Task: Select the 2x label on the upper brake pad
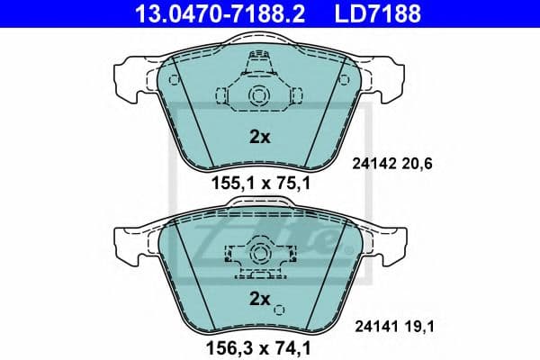coord(259,139)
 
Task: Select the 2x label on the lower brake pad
coord(259,298)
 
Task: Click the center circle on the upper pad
coord(259,95)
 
